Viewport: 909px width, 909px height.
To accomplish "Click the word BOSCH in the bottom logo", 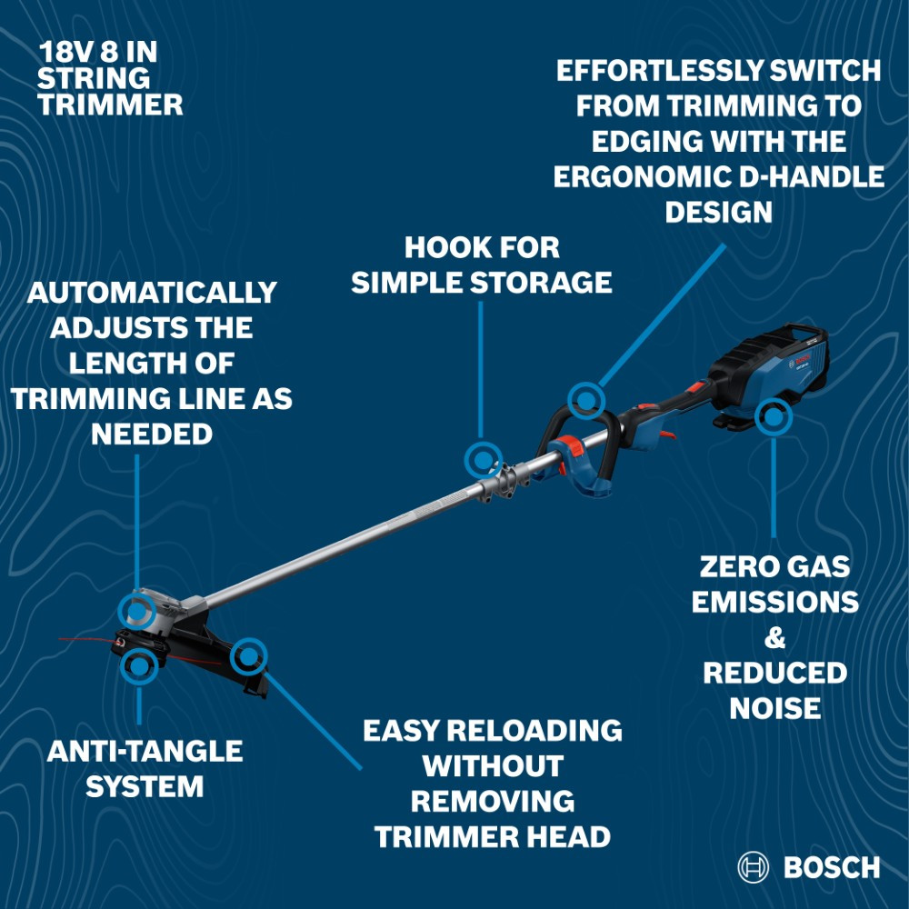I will click(x=831, y=867).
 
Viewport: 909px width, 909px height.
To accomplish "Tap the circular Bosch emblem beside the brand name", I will click(x=754, y=867).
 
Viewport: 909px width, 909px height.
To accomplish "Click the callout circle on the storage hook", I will click(x=483, y=460).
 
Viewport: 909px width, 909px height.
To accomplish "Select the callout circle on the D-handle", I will click(x=586, y=399).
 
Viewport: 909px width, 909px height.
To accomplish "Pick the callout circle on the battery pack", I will click(x=773, y=417).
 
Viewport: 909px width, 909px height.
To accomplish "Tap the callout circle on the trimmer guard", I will click(x=248, y=654).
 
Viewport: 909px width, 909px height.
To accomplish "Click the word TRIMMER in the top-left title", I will click(x=110, y=105).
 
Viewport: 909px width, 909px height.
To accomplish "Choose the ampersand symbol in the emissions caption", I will click(x=774, y=638).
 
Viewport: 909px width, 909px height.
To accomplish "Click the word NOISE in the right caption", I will click(x=774, y=708).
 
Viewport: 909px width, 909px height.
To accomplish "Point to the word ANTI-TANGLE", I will click(x=145, y=752).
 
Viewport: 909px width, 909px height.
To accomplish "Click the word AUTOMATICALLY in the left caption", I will click(x=152, y=293).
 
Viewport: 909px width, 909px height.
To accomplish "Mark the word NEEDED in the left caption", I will click(x=152, y=434).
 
